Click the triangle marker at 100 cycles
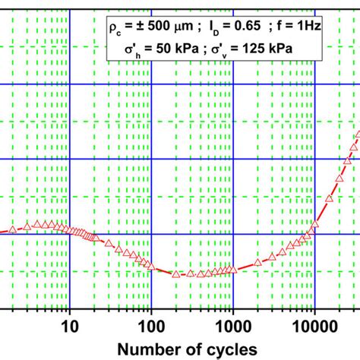click(152, 266)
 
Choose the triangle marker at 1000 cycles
click(234, 268)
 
